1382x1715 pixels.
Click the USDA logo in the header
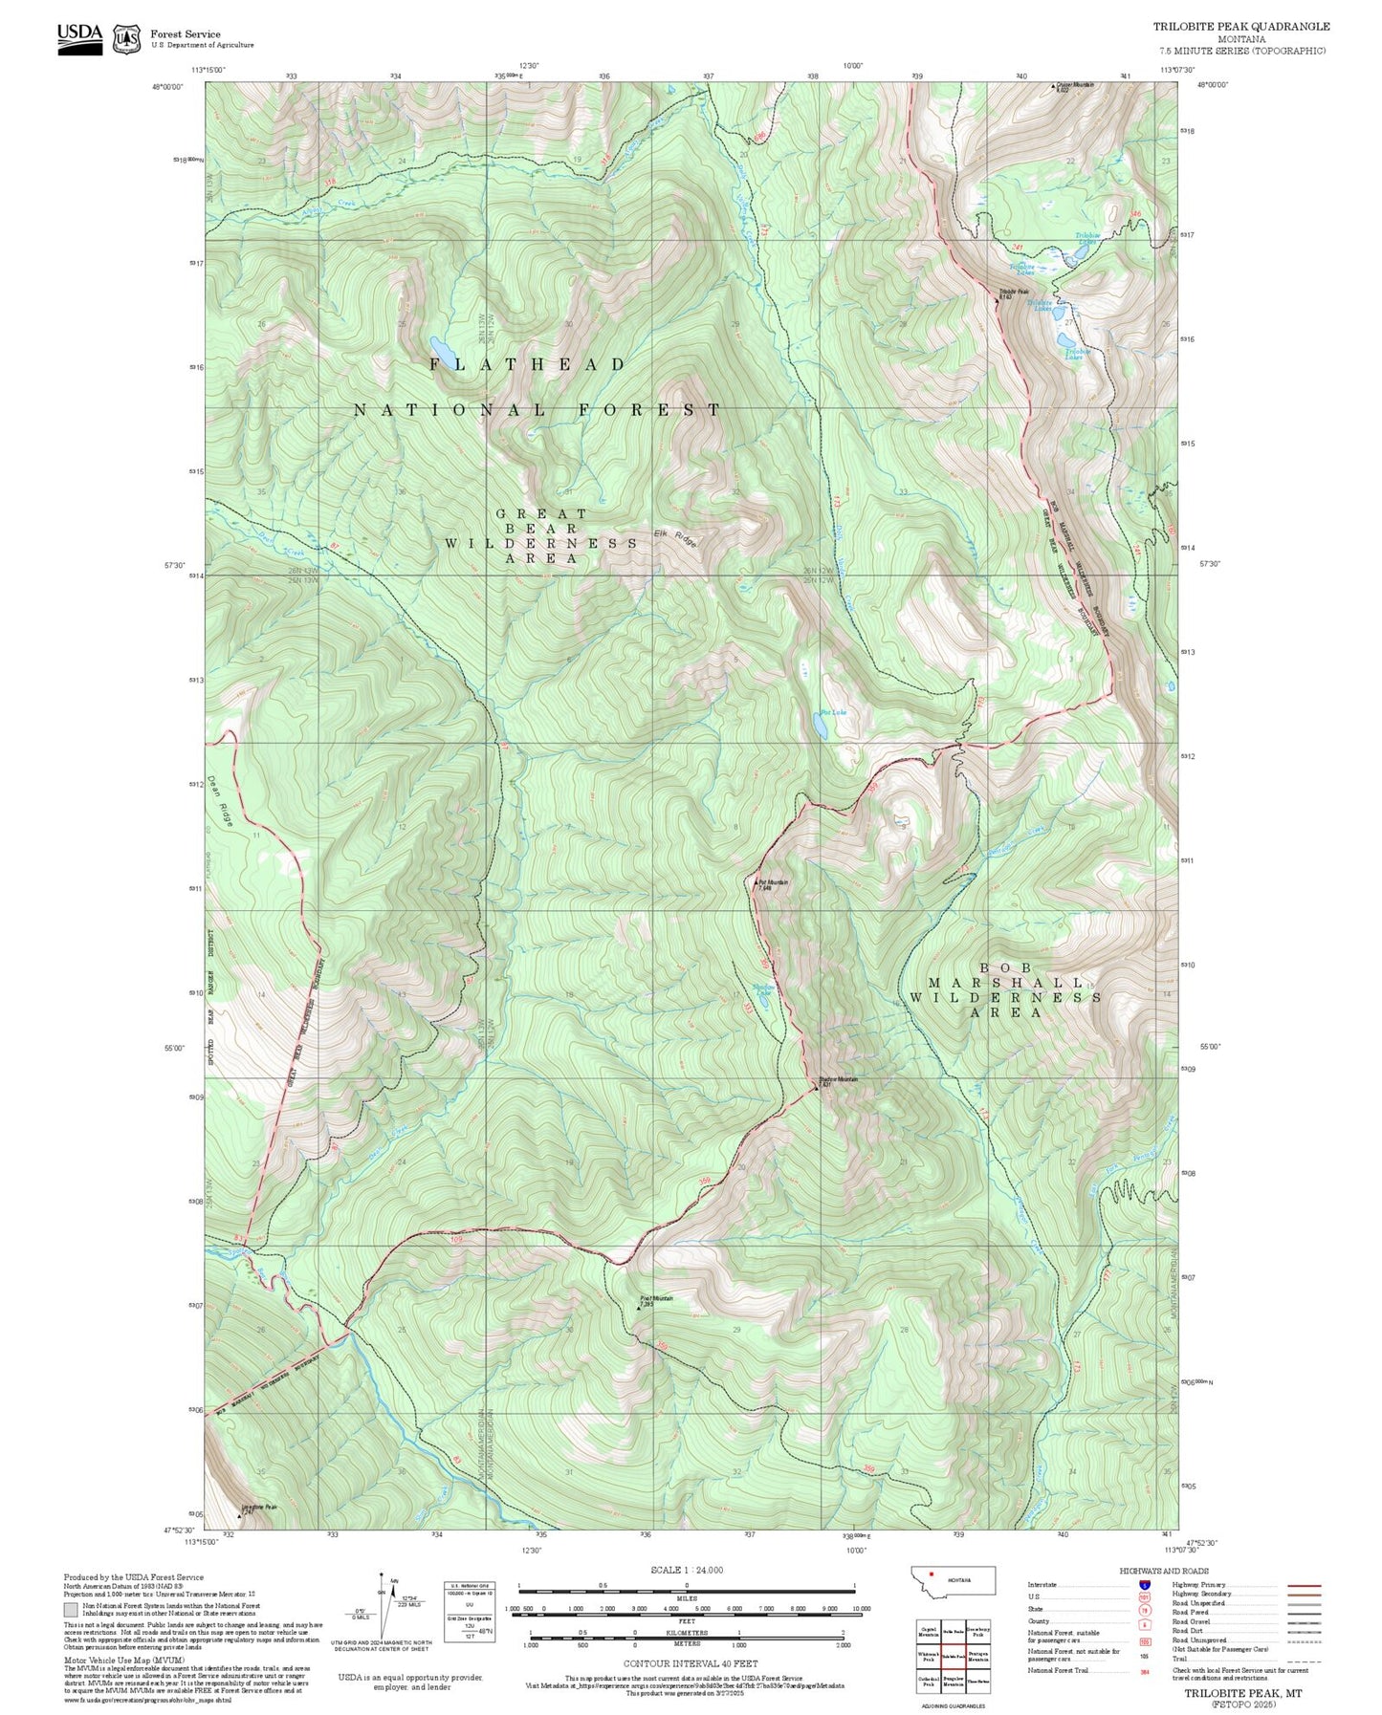coord(79,38)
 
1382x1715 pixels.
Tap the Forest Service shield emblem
coord(126,39)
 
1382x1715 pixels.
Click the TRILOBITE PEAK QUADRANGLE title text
coord(1240,27)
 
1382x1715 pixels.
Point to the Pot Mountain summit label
coord(773,884)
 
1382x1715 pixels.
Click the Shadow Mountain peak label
coord(838,1081)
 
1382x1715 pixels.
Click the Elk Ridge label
coord(675,538)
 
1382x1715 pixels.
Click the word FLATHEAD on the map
coord(527,364)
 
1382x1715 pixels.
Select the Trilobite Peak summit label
coord(1013,293)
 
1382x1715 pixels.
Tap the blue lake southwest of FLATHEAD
coord(440,345)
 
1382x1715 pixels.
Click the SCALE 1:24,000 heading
coord(686,1570)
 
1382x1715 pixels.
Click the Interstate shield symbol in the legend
coord(1145,1585)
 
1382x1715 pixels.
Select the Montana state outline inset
coord(953,1580)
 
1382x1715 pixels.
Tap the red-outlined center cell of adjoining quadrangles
coord(953,1656)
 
